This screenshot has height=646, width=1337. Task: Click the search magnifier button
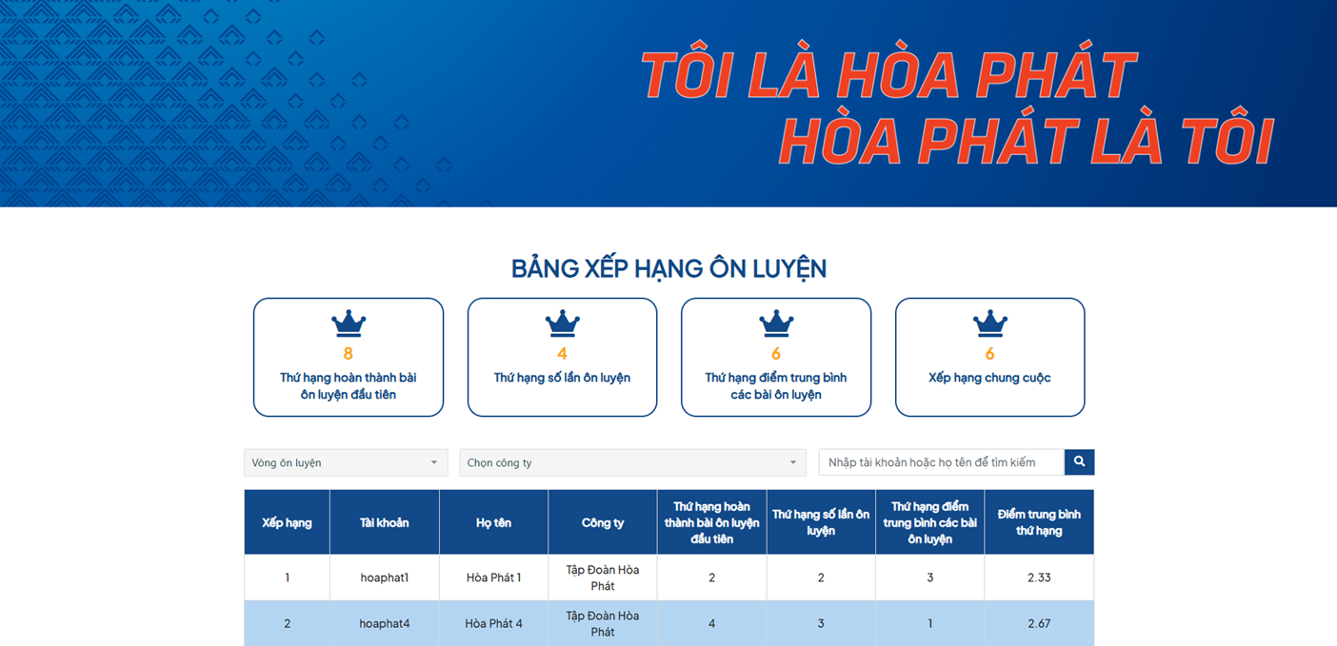point(1079,461)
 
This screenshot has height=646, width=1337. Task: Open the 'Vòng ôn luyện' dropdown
point(346,462)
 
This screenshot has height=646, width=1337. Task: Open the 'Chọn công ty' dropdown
point(632,462)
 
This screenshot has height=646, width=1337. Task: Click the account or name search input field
point(942,462)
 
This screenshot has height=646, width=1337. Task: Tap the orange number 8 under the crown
point(348,354)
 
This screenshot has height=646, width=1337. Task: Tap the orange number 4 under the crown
point(562,354)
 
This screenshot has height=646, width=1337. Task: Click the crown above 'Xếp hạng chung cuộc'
point(989,323)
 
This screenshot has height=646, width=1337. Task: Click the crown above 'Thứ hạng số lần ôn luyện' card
point(562,323)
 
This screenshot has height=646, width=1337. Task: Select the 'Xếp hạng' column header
point(287,522)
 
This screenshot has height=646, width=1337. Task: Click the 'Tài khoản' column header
point(385,522)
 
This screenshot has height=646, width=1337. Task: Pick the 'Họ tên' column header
point(493,522)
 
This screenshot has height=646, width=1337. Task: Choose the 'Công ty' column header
point(603,522)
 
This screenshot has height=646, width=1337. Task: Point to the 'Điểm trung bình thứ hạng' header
point(1039,522)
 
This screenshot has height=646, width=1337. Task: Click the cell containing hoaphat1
point(385,577)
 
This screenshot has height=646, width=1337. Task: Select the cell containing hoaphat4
point(385,623)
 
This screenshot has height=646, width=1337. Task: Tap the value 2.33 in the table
point(1039,577)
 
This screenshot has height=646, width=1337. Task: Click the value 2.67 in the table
point(1039,623)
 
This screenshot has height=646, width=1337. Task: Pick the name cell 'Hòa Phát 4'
point(493,623)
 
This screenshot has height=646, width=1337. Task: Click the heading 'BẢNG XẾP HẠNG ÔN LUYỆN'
point(668,268)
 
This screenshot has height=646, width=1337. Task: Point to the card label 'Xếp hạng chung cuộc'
point(989,378)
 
